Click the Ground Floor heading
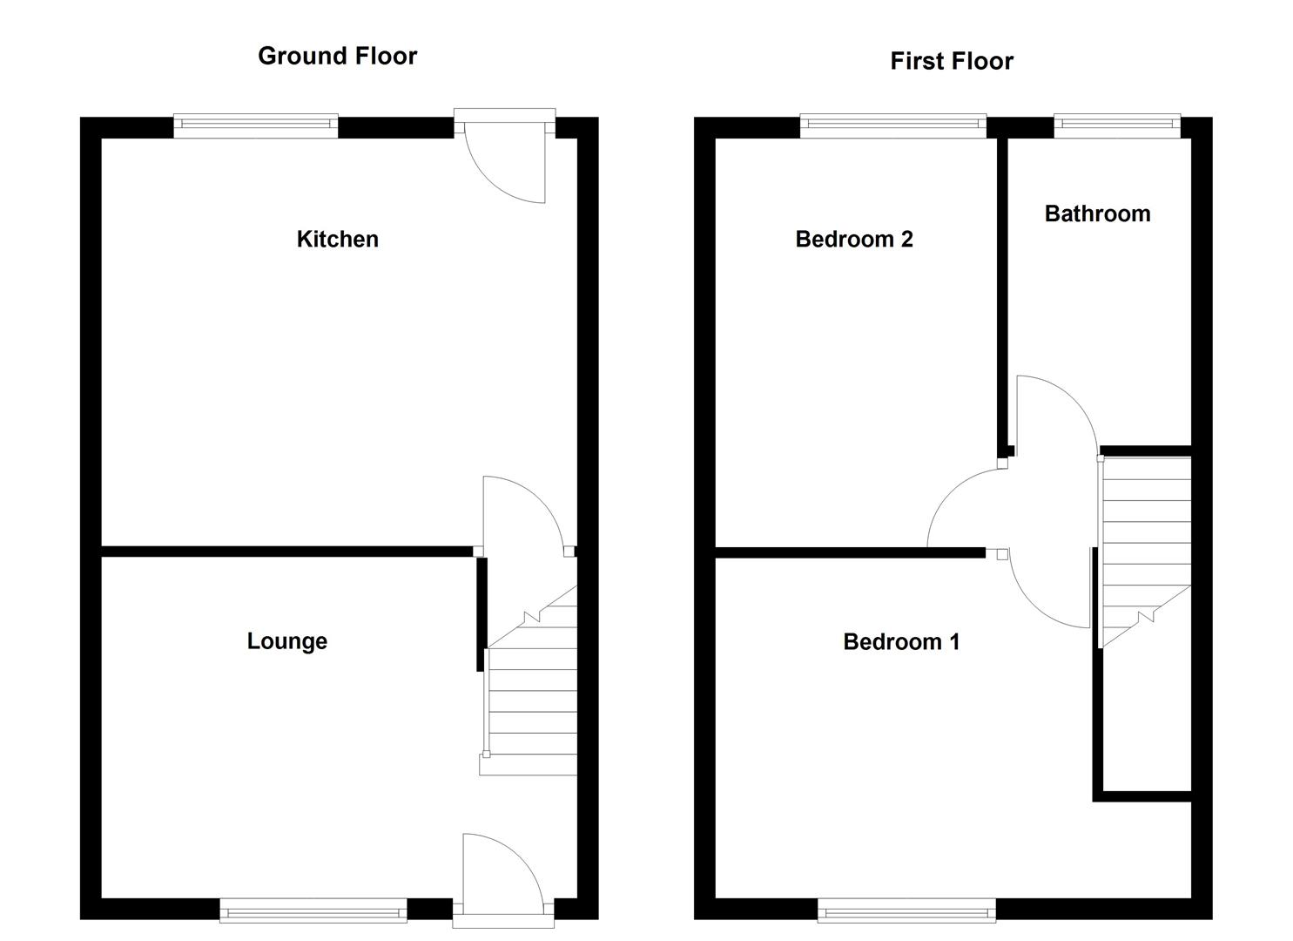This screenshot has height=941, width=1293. coord(337,56)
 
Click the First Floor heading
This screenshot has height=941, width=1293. coord(951,61)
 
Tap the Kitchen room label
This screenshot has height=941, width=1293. coord(337,239)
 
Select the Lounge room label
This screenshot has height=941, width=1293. coord(286,641)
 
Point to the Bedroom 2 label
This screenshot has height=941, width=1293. coord(853,239)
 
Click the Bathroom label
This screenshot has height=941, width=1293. coord(1097,213)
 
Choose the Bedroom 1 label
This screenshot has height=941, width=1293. coord(901,642)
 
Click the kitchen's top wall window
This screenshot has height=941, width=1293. coord(255,125)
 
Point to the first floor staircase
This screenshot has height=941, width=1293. coord(1146,540)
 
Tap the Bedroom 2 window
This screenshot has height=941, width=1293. coord(892,126)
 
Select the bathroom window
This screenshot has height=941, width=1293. coord(1117,126)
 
